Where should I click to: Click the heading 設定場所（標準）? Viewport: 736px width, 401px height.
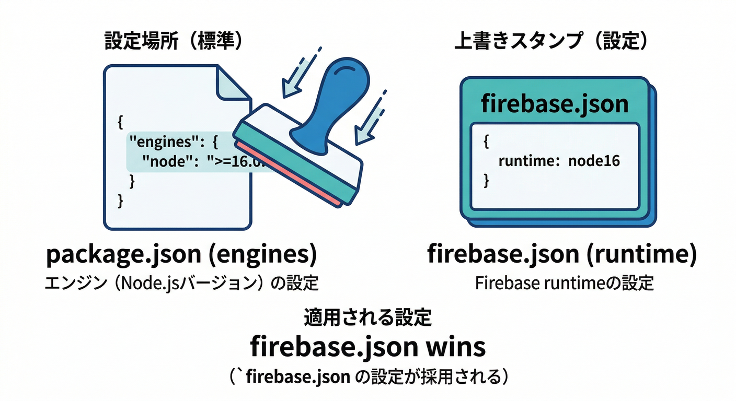tap(174, 41)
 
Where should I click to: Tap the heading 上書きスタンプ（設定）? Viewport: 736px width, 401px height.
tap(552, 41)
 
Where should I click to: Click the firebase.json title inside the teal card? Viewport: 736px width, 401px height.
tap(554, 104)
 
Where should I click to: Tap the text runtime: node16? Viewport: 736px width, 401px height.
tap(559, 161)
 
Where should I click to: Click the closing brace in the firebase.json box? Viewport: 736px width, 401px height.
tap(487, 181)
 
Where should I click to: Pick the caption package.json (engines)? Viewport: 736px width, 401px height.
tap(181, 255)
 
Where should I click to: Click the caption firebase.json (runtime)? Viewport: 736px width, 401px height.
tap(562, 255)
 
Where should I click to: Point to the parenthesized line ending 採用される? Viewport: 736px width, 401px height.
tap(368, 376)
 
